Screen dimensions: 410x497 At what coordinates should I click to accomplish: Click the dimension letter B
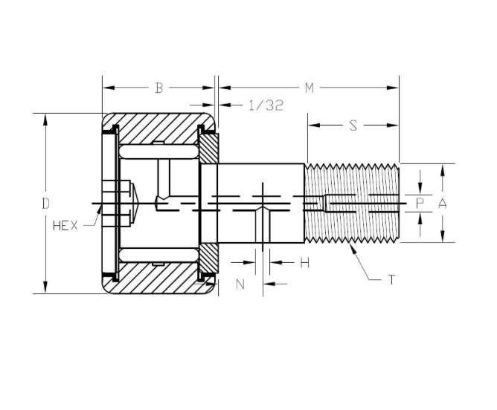[x=158, y=88]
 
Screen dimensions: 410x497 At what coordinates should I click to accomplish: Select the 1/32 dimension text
[x=265, y=105]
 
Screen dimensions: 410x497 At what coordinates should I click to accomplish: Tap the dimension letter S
[x=353, y=126]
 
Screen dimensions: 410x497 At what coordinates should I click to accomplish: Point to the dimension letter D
[x=45, y=203]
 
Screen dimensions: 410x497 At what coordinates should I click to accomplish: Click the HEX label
[x=65, y=226]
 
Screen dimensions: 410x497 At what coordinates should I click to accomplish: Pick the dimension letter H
[x=304, y=262]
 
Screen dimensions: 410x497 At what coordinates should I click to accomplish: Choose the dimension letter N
[x=240, y=283]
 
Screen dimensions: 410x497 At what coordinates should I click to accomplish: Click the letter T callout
[x=391, y=279]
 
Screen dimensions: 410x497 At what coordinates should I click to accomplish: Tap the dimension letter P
[x=420, y=202]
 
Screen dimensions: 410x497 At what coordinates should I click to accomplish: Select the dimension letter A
[x=443, y=202]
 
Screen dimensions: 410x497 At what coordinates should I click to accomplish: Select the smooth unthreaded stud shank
[x=260, y=186]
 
